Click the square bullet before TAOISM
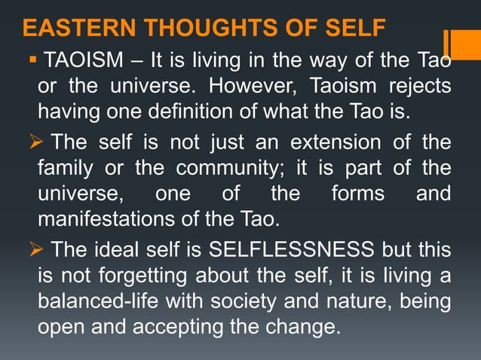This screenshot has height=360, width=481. tap(35, 58)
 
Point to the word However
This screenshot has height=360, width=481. tap(246, 86)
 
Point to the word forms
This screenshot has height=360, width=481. tap(357, 194)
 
